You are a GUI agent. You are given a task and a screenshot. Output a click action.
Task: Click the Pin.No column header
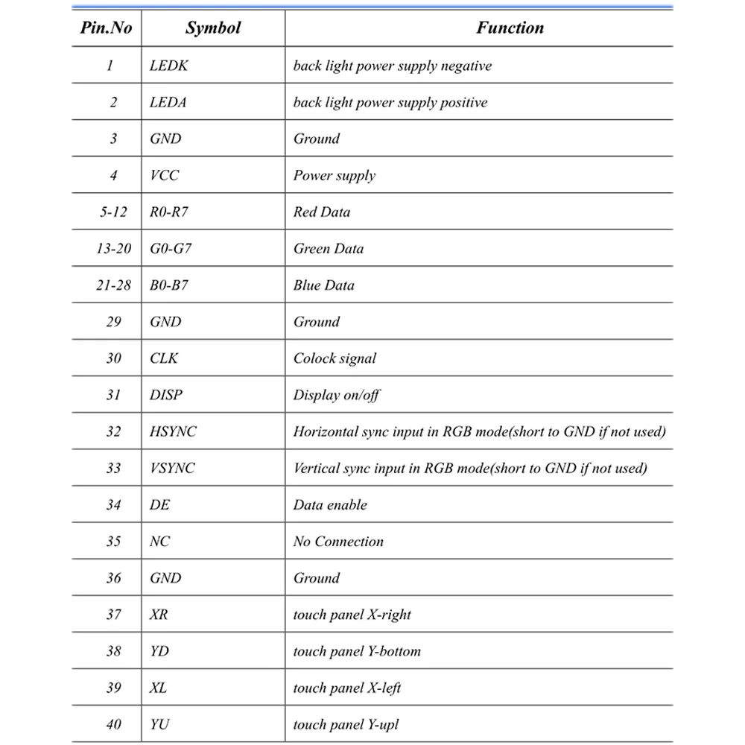click(x=106, y=28)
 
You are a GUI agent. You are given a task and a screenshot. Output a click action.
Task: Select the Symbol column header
click(x=213, y=28)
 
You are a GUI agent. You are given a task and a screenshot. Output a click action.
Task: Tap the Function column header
click(x=510, y=28)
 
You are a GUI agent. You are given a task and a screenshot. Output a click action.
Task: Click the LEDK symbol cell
click(x=168, y=66)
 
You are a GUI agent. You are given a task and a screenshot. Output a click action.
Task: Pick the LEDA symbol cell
click(x=168, y=102)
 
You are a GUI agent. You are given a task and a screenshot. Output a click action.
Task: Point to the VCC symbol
click(x=164, y=175)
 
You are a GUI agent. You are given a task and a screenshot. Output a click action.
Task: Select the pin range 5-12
click(x=113, y=212)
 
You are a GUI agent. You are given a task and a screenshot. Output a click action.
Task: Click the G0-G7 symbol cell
click(x=171, y=248)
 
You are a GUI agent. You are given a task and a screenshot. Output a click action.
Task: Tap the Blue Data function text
click(x=323, y=285)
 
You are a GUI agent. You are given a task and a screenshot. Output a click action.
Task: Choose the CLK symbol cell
click(x=164, y=358)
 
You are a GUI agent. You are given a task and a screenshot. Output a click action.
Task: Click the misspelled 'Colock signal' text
click(x=335, y=358)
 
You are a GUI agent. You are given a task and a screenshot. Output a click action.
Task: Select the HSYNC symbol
click(x=173, y=431)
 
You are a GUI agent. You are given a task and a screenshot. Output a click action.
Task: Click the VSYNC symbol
click(x=172, y=468)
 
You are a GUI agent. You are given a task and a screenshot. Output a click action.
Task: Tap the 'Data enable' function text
click(x=330, y=504)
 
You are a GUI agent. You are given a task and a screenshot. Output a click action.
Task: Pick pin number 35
click(x=113, y=541)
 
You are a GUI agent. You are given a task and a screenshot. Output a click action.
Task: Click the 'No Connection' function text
click(x=338, y=541)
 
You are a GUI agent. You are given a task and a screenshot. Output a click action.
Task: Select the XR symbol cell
click(x=158, y=614)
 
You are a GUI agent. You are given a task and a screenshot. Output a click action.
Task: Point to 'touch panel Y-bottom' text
click(x=357, y=651)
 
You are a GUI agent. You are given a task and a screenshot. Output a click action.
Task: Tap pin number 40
click(x=113, y=724)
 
